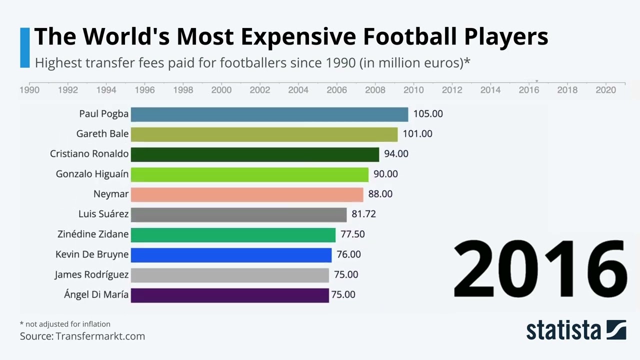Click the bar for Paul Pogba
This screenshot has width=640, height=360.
click(x=269, y=114)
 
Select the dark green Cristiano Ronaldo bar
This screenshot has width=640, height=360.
click(x=254, y=154)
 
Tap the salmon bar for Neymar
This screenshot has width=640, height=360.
click(x=246, y=194)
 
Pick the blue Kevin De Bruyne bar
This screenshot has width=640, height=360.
click(x=231, y=254)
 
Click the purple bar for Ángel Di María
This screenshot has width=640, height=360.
click(x=229, y=294)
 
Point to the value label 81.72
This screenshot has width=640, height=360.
click(x=363, y=214)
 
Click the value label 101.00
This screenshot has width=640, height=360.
click(x=417, y=134)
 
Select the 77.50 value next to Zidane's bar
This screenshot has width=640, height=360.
click(x=352, y=234)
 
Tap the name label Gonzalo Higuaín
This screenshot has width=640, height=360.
click(x=92, y=174)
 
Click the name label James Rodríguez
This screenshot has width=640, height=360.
click(x=91, y=274)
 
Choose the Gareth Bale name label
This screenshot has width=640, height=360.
click(x=102, y=134)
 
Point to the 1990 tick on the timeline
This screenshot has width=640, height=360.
click(x=29, y=90)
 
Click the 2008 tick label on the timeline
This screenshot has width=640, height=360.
click(x=375, y=90)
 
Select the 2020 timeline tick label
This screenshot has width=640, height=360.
click(x=605, y=90)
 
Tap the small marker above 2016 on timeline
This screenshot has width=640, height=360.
click(x=536, y=81)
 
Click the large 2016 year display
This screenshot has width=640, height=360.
click(x=539, y=269)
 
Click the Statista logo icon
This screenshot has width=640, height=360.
click(x=616, y=330)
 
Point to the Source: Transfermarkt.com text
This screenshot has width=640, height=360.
click(x=82, y=336)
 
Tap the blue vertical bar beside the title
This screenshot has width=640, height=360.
click(x=25, y=47)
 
